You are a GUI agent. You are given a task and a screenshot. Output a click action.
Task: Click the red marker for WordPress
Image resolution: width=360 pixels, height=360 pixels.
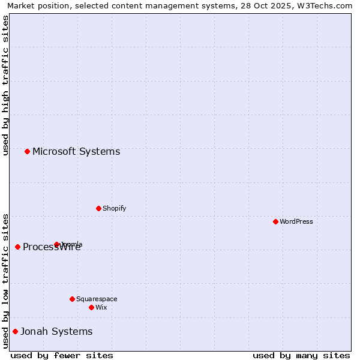[275, 221]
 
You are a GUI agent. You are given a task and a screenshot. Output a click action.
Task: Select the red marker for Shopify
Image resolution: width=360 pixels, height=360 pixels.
[98, 208]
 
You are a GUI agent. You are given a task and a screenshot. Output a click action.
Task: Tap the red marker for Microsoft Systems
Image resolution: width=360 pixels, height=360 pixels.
[27, 151]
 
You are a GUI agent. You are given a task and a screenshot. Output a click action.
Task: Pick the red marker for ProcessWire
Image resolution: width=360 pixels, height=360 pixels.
[17, 247]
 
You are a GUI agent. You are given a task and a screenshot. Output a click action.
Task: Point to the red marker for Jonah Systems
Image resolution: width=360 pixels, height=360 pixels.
[15, 331]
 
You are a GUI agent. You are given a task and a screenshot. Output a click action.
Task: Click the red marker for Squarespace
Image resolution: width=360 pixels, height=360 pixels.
[72, 299]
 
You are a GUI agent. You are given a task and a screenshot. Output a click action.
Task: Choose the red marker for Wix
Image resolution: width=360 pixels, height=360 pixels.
[91, 307]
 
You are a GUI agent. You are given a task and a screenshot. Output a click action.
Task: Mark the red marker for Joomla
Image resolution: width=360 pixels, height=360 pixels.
[56, 244]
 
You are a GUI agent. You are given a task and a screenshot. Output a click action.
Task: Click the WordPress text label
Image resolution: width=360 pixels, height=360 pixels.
[296, 221]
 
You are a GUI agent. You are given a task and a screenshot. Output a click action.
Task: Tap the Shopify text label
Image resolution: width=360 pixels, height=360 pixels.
[114, 208]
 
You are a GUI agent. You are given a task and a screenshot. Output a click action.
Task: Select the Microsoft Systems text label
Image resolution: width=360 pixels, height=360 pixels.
[76, 151]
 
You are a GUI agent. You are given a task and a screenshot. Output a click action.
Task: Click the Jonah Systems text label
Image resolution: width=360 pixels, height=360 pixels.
[56, 331]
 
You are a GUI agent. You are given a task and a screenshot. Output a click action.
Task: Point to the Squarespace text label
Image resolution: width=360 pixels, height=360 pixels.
[97, 299]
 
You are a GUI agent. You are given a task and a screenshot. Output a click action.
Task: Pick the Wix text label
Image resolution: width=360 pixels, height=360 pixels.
[101, 307]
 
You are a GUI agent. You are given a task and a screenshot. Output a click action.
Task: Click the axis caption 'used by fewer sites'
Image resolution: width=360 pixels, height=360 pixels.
[62, 355]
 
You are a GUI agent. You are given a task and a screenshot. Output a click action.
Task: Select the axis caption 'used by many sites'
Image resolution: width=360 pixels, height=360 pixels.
[301, 355]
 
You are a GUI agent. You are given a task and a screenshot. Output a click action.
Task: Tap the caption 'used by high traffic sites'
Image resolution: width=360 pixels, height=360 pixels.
[6, 85]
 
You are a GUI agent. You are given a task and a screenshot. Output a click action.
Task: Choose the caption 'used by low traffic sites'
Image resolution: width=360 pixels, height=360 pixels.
[6, 280]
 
